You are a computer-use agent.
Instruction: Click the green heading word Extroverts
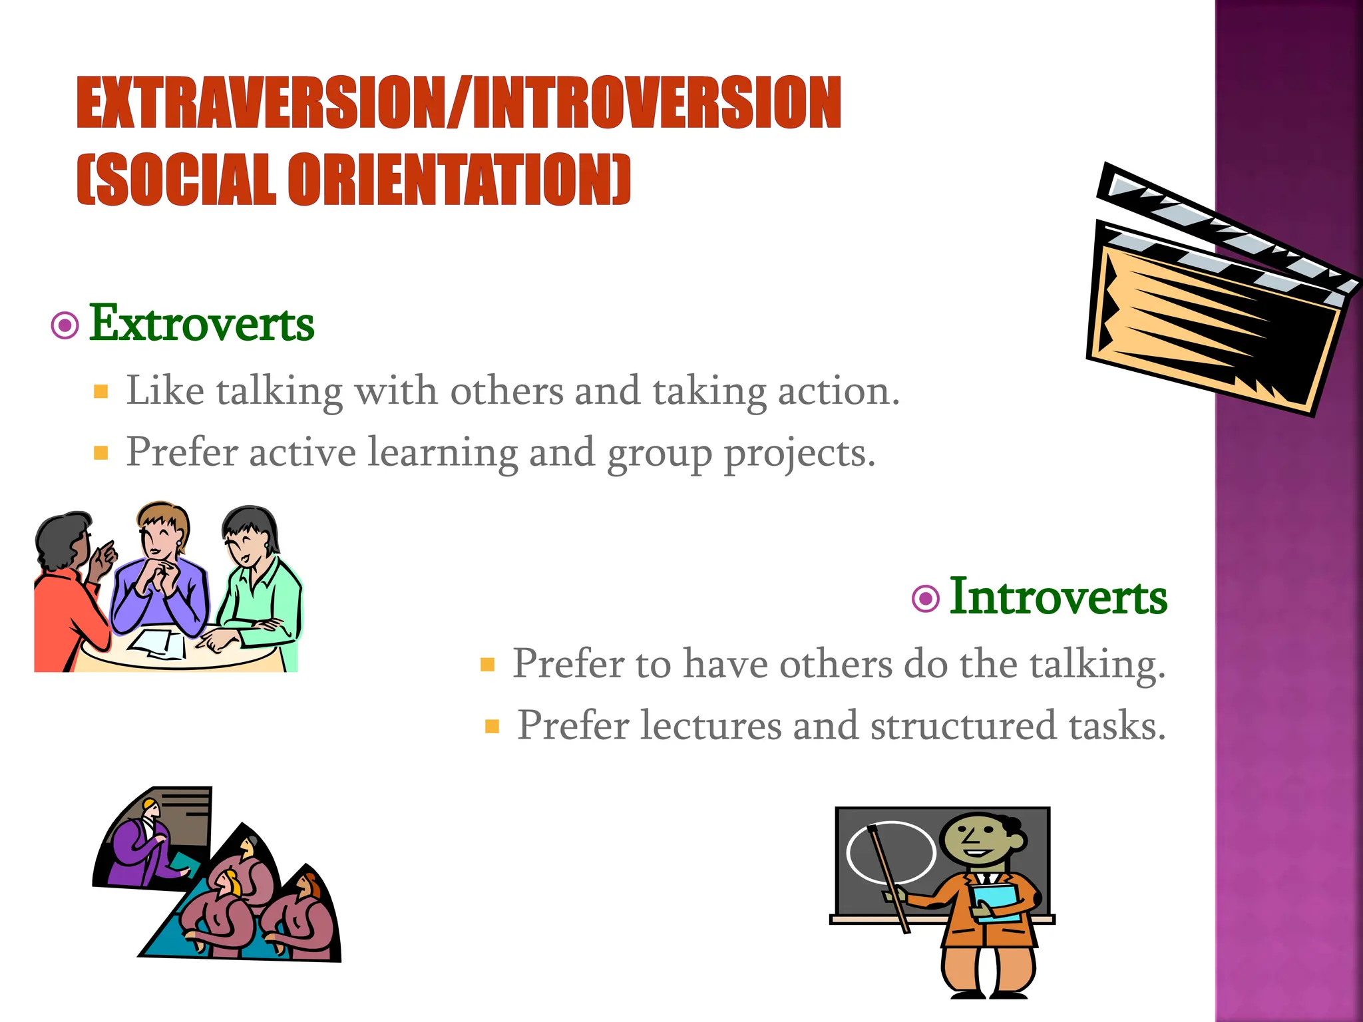tap(202, 324)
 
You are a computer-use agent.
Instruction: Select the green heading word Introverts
tap(1058, 597)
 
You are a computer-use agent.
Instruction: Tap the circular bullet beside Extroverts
tap(65, 326)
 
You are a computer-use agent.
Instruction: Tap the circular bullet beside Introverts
tap(925, 598)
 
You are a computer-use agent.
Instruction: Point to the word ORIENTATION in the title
tap(459, 180)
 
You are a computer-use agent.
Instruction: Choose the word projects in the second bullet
tap(799, 454)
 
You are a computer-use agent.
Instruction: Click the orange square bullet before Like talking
tap(101, 391)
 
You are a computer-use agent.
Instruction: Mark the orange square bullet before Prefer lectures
tap(492, 726)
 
